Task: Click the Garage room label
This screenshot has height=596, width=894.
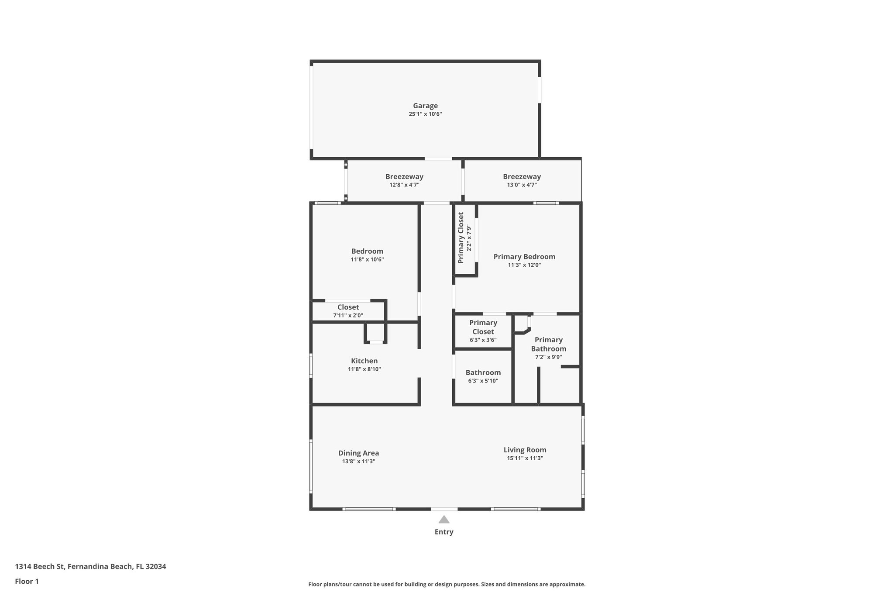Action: click(425, 106)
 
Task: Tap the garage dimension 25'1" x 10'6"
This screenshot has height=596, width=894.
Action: click(425, 114)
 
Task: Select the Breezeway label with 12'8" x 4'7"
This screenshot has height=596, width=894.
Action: click(404, 177)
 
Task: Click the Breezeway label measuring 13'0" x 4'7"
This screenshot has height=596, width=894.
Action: click(522, 177)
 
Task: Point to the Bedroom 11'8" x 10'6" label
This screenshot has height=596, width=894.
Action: click(367, 251)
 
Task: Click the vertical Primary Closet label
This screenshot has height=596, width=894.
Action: click(461, 238)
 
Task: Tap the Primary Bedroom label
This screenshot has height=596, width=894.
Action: click(524, 257)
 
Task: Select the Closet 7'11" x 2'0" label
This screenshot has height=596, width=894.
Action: click(348, 307)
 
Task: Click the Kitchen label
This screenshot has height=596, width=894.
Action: click(364, 361)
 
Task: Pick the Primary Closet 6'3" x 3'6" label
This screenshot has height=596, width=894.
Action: click(483, 327)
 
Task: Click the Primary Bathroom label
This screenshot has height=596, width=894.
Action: click(548, 344)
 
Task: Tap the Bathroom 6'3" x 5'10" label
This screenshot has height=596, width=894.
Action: click(483, 372)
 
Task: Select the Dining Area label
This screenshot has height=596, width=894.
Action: click(358, 453)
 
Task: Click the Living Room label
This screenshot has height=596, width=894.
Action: click(525, 450)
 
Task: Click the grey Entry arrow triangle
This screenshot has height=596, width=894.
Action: click(444, 520)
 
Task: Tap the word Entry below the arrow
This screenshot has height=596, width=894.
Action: click(444, 532)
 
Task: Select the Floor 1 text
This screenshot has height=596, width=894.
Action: click(27, 581)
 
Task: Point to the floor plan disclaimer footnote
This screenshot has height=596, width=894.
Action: click(447, 584)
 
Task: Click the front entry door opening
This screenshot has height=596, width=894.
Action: click(444, 509)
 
